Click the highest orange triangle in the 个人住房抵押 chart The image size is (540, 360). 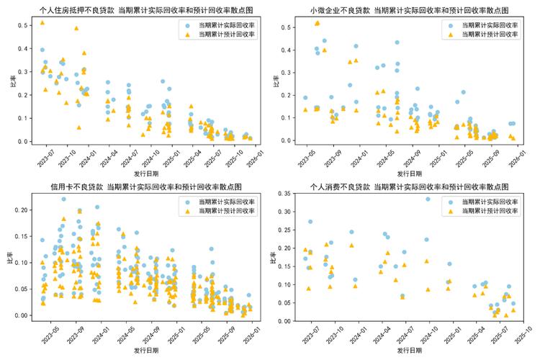42,23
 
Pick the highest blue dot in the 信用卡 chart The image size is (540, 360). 63,199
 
